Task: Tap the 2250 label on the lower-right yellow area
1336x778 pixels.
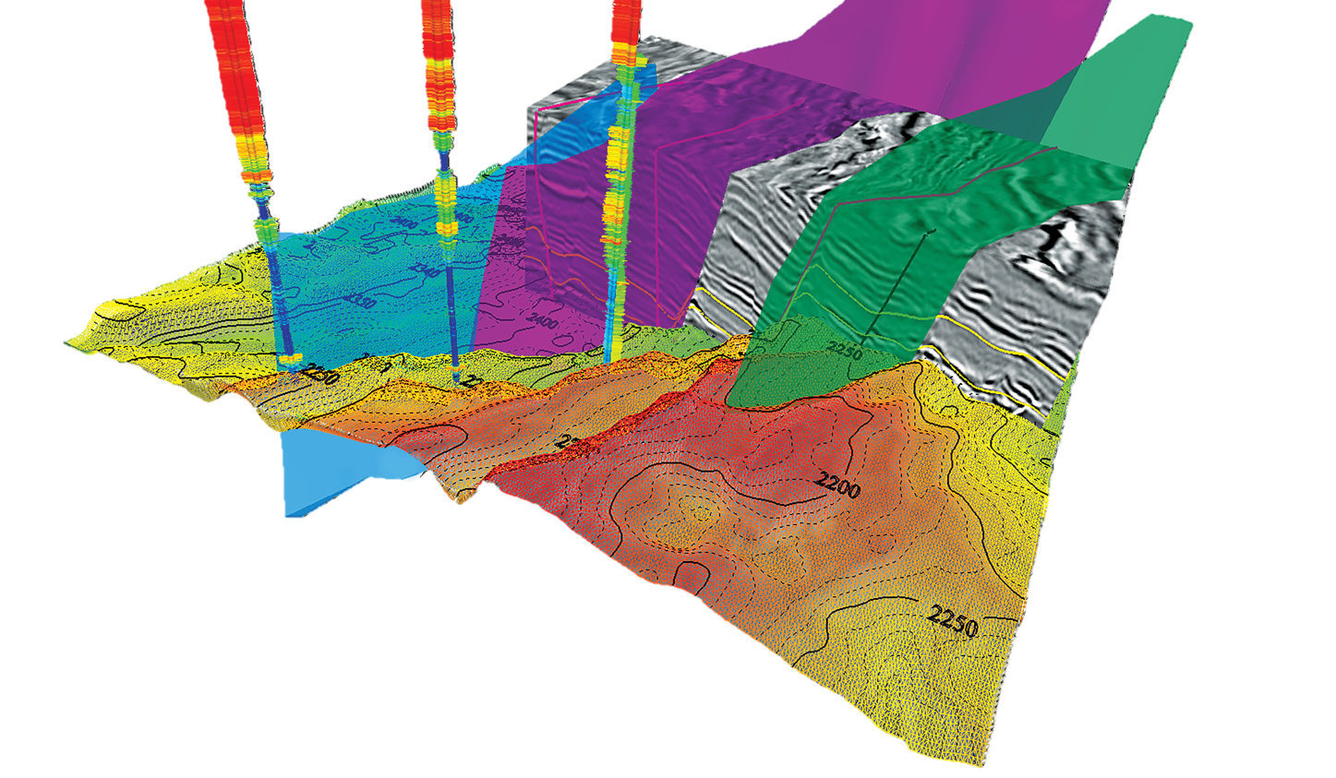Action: tap(953, 617)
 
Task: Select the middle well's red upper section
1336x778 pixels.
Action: tap(436, 55)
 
